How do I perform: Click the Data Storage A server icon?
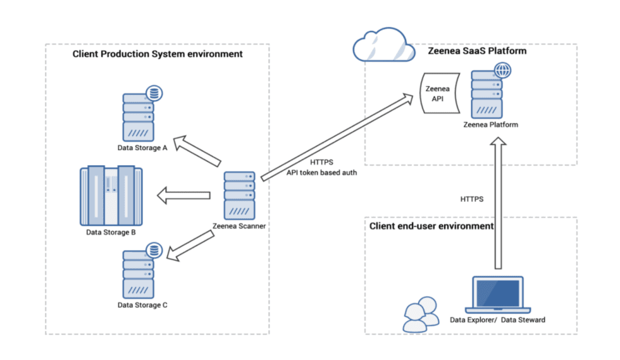click(138, 117)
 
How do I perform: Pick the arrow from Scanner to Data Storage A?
click(197, 150)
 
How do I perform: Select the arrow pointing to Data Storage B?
click(183, 195)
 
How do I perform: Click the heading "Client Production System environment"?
click(157, 54)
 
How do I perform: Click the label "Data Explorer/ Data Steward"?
click(497, 320)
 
